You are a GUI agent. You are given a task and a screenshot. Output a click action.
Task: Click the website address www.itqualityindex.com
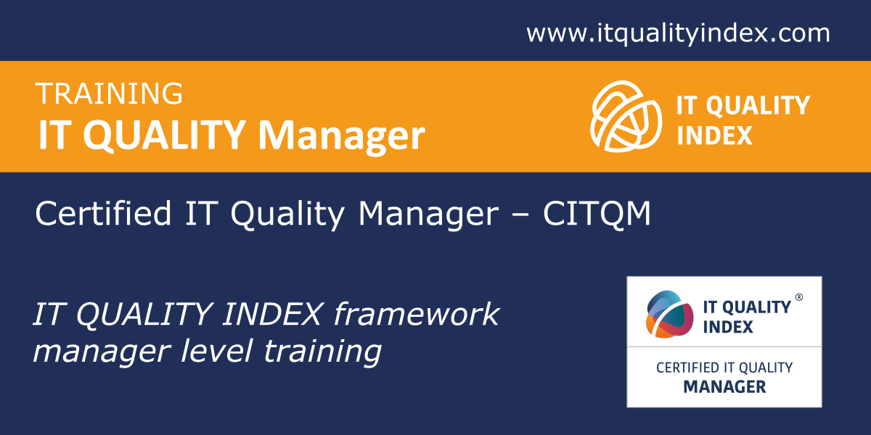[678, 33]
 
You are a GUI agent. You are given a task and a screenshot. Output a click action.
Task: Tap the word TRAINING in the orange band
[109, 94]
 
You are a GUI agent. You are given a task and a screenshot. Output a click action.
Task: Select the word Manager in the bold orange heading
[341, 136]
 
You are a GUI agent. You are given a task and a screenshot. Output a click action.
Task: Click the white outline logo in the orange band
[626, 116]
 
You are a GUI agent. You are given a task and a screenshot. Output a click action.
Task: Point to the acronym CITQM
[597, 213]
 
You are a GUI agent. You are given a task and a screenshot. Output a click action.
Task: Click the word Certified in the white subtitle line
[103, 213]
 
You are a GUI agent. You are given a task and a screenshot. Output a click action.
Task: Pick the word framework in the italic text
[417, 313]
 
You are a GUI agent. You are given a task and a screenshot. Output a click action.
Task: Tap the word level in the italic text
[216, 351]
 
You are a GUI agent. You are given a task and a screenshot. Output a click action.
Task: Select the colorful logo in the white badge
[669, 314]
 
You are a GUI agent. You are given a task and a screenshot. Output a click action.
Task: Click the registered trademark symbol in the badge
[798, 297]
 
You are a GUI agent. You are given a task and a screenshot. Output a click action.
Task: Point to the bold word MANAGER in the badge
[724, 387]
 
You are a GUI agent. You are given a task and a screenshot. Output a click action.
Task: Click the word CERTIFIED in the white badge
[687, 368]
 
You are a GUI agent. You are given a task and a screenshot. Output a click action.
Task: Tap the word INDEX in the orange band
[715, 136]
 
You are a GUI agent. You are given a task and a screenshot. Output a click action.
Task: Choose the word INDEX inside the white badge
[728, 327]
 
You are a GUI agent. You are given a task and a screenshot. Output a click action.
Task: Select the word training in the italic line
[322, 351]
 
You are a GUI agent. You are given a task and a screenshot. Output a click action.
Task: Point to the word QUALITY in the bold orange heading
[164, 135]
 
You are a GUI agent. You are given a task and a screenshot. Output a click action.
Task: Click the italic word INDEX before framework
[273, 313]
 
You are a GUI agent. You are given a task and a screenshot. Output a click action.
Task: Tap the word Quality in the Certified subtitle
[287, 215]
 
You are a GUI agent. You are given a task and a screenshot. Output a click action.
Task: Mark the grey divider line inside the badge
[724, 347]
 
